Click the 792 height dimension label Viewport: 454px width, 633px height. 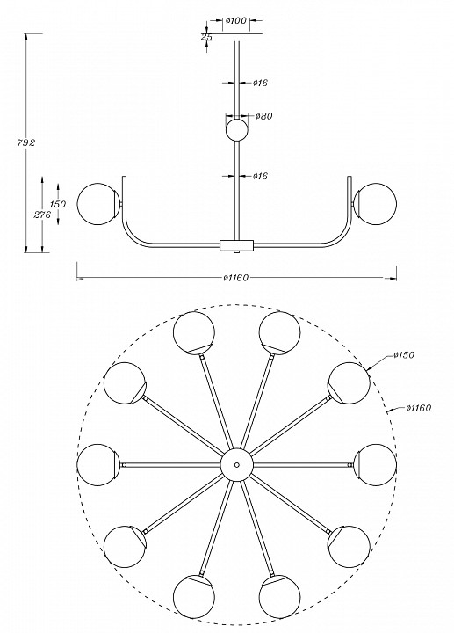(26, 142)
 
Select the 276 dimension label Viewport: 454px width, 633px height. (42, 215)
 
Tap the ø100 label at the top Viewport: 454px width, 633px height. (236, 20)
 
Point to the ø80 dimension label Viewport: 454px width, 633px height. (264, 116)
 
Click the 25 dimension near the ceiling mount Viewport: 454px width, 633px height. (206, 37)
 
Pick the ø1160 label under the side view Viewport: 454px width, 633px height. (236, 278)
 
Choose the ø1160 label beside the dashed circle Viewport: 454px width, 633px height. (419, 408)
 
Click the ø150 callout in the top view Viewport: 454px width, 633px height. (404, 355)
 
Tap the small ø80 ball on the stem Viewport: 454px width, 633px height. (236, 129)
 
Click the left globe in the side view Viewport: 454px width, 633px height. (97, 203)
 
